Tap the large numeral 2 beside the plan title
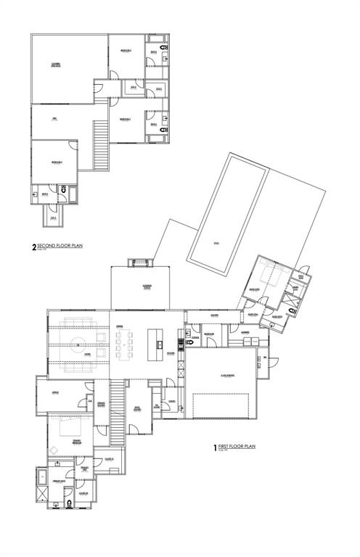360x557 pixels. coord(34,247)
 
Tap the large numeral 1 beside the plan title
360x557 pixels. coord(215,447)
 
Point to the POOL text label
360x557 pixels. coord(216,243)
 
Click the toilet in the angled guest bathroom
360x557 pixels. coord(292,310)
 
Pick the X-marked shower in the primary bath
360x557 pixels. coord(44,498)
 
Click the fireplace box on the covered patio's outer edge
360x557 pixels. coord(138,262)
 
